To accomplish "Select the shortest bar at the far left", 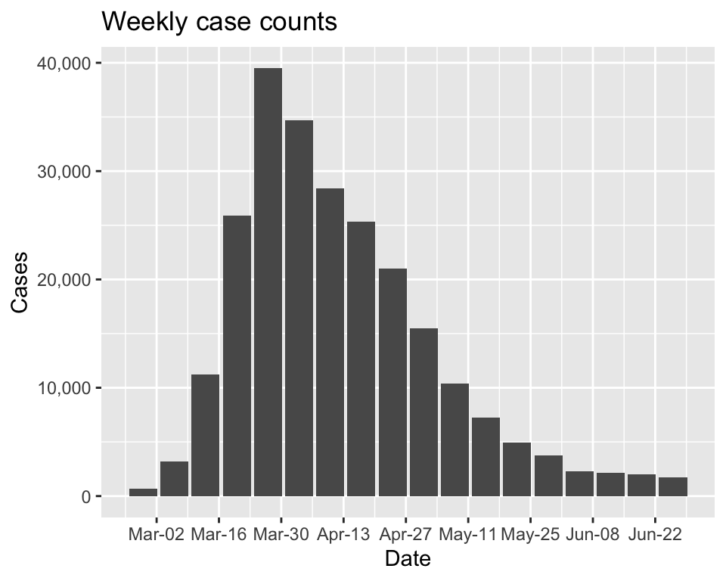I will (x=143, y=492).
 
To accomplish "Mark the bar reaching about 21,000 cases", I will (x=392, y=382).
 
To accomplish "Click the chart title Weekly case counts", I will (x=219, y=22).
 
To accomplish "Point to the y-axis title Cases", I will (x=20, y=281).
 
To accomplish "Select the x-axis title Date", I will (x=408, y=559).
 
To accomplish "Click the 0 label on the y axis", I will (x=87, y=497).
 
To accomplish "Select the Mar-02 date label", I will (x=157, y=534).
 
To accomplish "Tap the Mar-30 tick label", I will (x=281, y=534).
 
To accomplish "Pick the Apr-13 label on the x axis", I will (x=343, y=534).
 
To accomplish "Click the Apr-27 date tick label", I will (x=405, y=534).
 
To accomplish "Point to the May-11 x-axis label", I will (x=467, y=534).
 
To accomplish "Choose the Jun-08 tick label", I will (x=592, y=534).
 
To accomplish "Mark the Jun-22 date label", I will (x=655, y=534).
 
